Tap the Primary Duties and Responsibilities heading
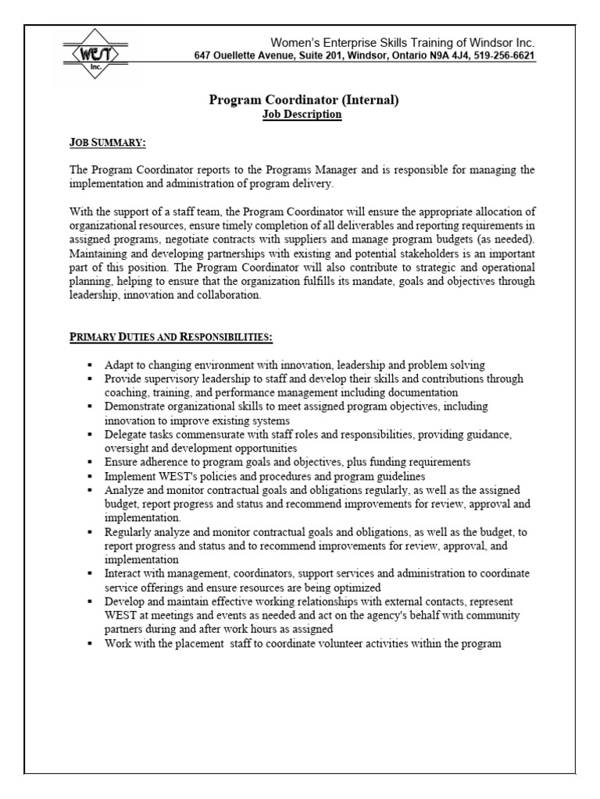(x=170, y=336)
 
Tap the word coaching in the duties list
(x=127, y=392)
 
